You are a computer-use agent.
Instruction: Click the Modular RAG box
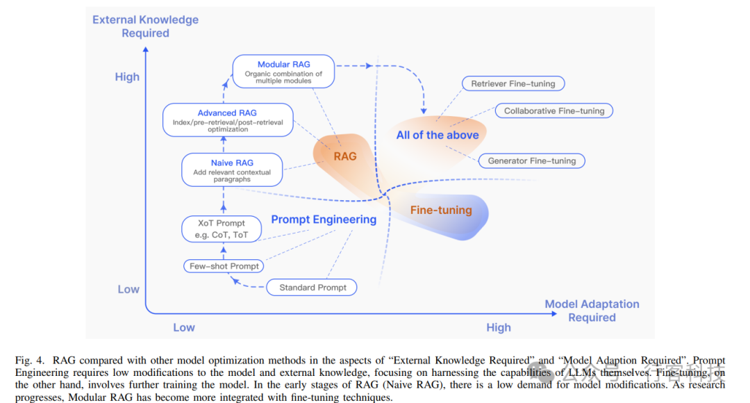pos(283,72)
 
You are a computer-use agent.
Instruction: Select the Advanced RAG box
pos(227,120)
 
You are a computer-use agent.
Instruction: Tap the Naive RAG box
pos(232,170)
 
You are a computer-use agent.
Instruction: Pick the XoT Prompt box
pos(222,229)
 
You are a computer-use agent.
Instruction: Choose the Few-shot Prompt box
pos(224,266)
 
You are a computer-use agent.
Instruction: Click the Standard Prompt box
pos(312,287)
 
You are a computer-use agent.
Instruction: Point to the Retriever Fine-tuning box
pos(513,83)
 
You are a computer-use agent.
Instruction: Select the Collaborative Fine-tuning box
pos(554,110)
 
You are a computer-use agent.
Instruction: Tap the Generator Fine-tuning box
pos(532,161)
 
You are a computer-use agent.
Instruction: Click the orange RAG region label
pos(345,156)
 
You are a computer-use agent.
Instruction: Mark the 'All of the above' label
pos(437,135)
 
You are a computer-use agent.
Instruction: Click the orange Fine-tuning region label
pos(441,210)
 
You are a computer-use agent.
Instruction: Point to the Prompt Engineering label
pos(324,220)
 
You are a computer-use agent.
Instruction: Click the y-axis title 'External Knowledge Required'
pos(146,26)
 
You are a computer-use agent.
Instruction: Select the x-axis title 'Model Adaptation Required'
pos(592,311)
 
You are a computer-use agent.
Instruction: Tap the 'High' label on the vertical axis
pos(127,77)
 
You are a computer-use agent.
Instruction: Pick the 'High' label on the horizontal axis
pos(499,327)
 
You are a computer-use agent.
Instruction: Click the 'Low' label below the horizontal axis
pos(184,327)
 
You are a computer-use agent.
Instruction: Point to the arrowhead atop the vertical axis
pos(145,49)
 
